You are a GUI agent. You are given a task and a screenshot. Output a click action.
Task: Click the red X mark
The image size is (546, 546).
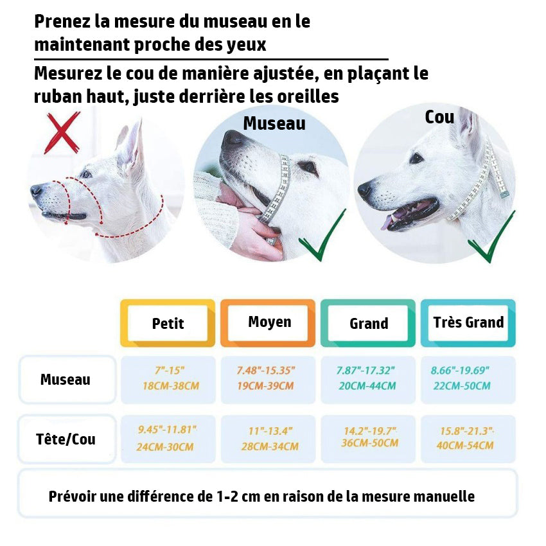[62, 133]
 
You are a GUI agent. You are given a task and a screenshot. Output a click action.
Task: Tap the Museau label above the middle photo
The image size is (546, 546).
[274, 123]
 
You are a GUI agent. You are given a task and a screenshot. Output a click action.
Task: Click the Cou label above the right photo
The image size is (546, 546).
[439, 117]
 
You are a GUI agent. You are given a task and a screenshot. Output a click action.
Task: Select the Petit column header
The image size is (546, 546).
[168, 323]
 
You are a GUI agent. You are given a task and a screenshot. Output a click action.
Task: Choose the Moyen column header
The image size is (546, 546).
[269, 322]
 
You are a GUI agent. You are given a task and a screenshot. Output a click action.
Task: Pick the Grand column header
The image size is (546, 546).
[369, 324]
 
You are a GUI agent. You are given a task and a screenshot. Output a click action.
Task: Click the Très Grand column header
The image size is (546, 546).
[468, 322]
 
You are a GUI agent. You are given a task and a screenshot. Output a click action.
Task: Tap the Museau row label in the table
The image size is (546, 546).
[66, 380]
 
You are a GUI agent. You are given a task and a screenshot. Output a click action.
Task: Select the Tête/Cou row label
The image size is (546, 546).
[67, 439]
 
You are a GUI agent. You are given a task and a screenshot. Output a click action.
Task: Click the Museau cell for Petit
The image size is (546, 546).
[168, 379]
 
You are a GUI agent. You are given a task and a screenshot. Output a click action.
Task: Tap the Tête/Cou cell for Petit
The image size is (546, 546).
[168, 439]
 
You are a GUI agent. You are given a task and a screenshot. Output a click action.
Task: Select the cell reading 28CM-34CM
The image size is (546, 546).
[269, 446]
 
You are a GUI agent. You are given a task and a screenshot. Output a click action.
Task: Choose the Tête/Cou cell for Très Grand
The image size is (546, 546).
[468, 439]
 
